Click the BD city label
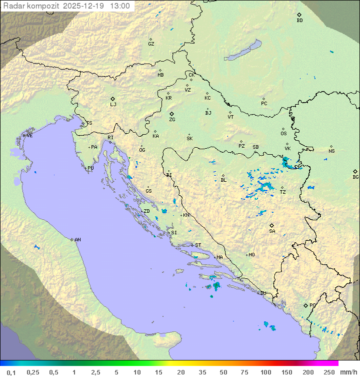click(x=299, y=21)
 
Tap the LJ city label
click(x=113, y=105)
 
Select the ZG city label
click(x=172, y=120)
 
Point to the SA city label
click(x=272, y=231)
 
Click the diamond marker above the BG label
click(x=355, y=171)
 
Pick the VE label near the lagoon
click(x=29, y=136)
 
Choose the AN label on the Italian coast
click(x=77, y=240)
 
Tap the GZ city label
click(x=151, y=44)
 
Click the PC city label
click(x=264, y=104)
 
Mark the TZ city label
click(x=283, y=192)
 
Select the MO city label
click(x=251, y=255)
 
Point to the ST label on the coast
click(x=198, y=245)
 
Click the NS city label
click(x=331, y=151)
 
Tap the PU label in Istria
click(x=90, y=168)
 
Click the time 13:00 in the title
click(x=120, y=6)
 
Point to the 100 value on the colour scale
click(x=265, y=372)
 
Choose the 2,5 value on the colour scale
click(x=95, y=372)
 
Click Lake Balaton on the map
click(x=243, y=51)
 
